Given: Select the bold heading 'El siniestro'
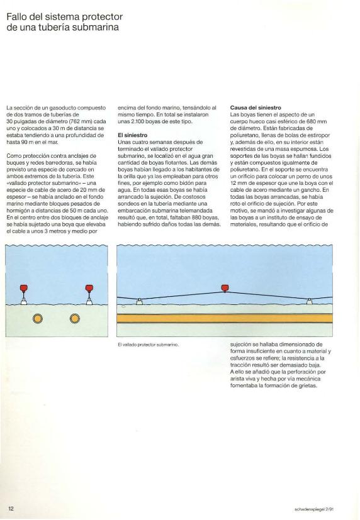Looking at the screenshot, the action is tap(132, 135).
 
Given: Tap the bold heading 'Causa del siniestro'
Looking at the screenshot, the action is tap(256, 108).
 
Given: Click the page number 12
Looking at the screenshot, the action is tap(11, 507).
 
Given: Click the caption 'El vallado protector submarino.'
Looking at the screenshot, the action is tap(149, 345).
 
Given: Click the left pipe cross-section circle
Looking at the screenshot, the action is tap(38, 319).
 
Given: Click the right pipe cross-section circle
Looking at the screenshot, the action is tap(75, 319).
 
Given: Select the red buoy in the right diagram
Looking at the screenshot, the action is tap(225, 288).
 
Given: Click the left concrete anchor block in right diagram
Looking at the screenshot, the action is tap(140, 302).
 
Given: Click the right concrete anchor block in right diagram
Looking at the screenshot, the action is tap(309, 302).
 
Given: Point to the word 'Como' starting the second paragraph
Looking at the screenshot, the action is tap(13, 155).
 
